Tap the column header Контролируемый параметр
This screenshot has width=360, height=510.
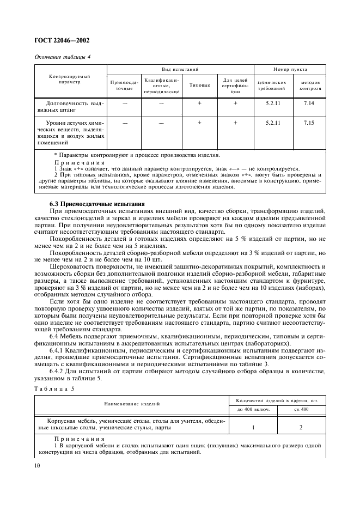70,80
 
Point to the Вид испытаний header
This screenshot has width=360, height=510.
180,70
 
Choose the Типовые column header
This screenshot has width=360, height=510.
199,86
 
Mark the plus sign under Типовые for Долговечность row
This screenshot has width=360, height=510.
199,102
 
